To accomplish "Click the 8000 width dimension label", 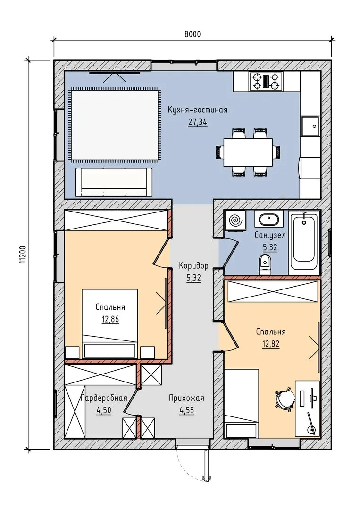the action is pyautogui.click(x=193, y=34).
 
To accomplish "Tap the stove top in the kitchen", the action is pyautogui.click(x=266, y=81).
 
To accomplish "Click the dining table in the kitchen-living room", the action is pyautogui.click(x=248, y=152).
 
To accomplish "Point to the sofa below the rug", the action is pyautogui.click(x=114, y=182).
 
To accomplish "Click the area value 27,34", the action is pyautogui.click(x=198, y=122).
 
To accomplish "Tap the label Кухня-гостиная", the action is pyautogui.click(x=198, y=110).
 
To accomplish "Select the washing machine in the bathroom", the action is pyautogui.click(x=235, y=221).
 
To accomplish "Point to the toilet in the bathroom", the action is pyautogui.click(x=265, y=264).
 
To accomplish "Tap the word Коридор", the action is pyautogui.click(x=193, y=266).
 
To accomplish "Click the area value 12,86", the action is pyautogui.click(x=110, y=319).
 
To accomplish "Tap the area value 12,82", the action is pyautogui.click(x=271, y=344).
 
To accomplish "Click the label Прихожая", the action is pyautogui.click(x=186, y=398).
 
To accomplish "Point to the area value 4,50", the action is pyautogui.click(x=104, y=410).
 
